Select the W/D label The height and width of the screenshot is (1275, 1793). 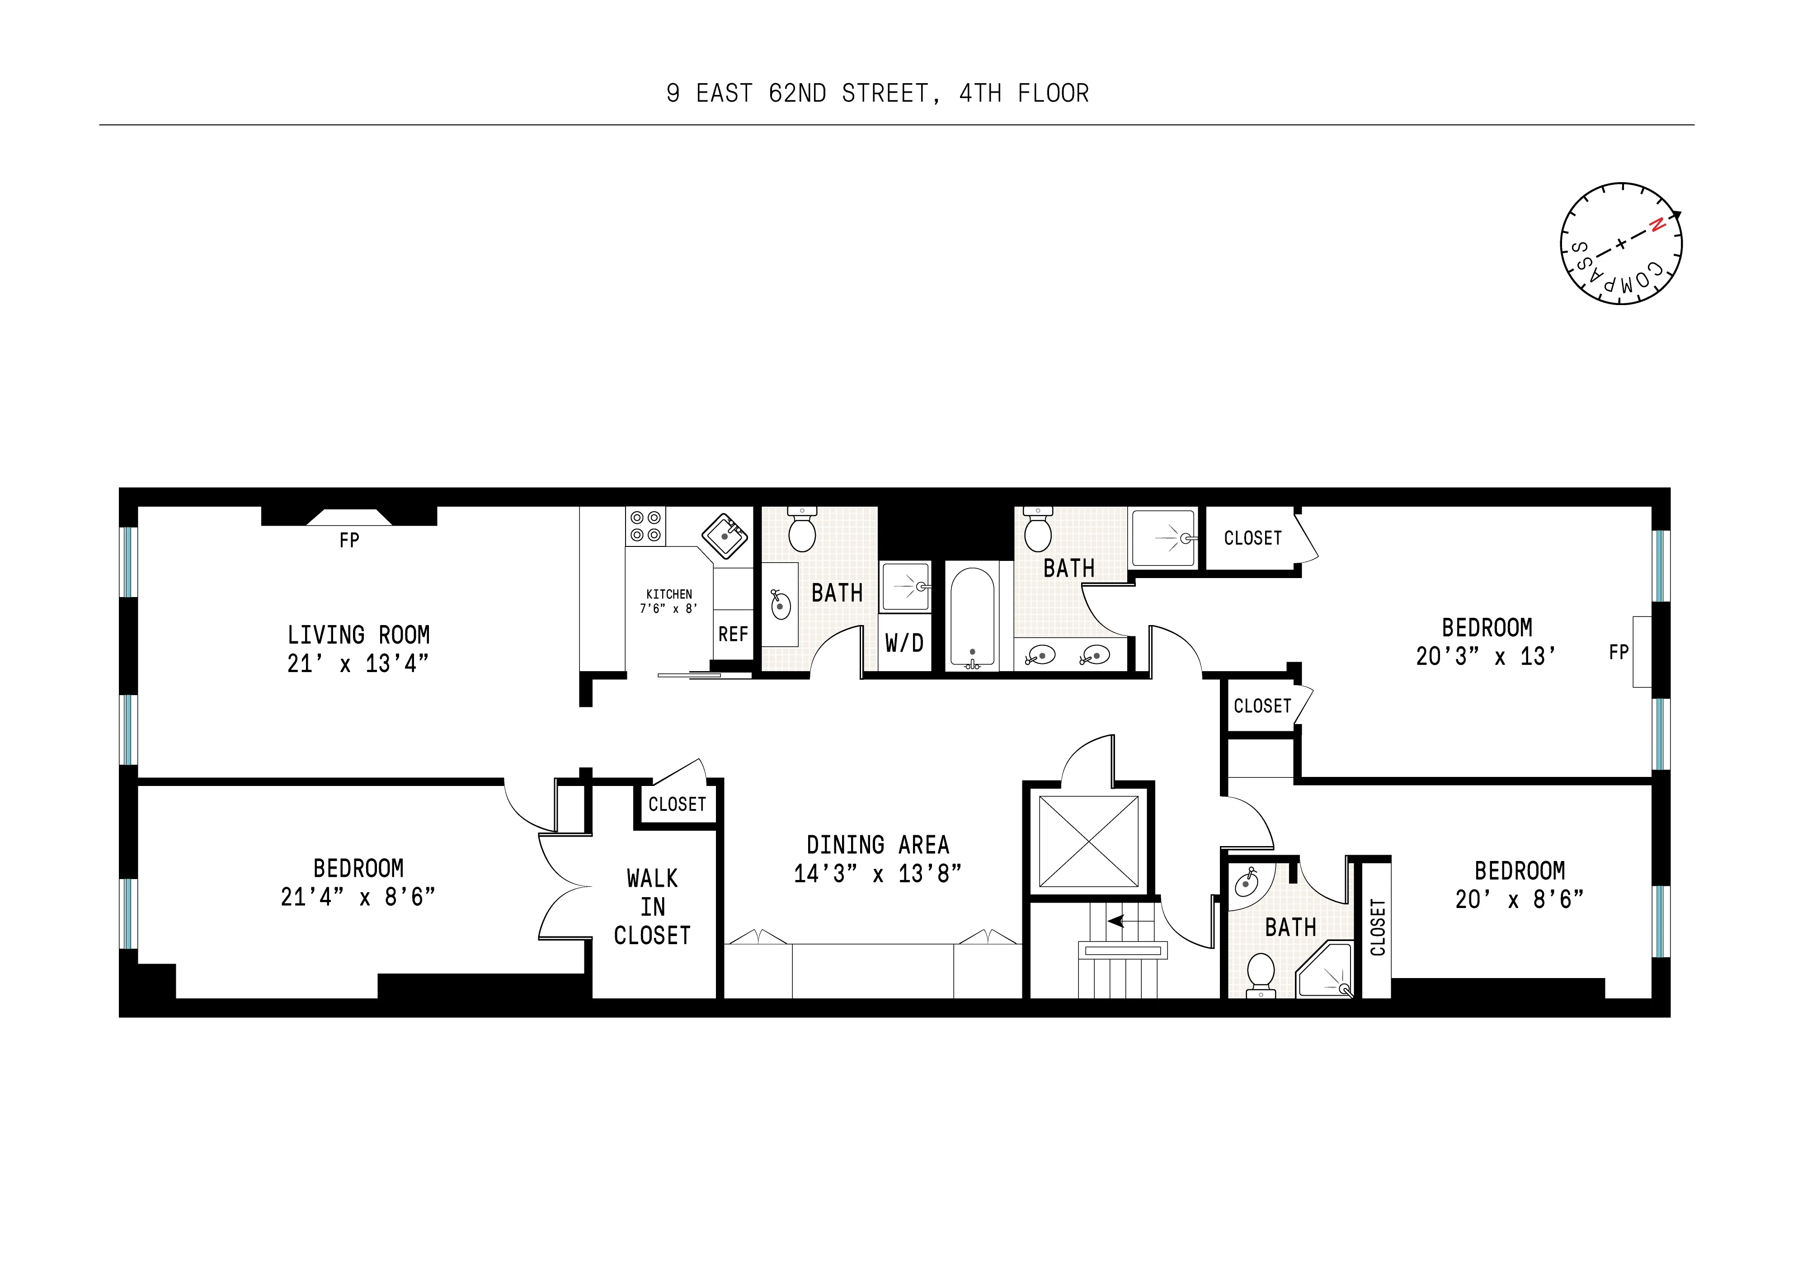point(904,644)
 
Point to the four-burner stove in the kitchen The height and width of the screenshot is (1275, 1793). point(645,526)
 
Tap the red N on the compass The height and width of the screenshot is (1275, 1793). point(1657,226)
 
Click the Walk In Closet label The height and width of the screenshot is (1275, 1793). point(652,907)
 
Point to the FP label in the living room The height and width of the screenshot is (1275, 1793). point(349,540)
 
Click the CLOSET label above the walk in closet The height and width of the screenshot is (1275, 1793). point(677,804)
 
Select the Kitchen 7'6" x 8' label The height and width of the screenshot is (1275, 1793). point(669,602)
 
